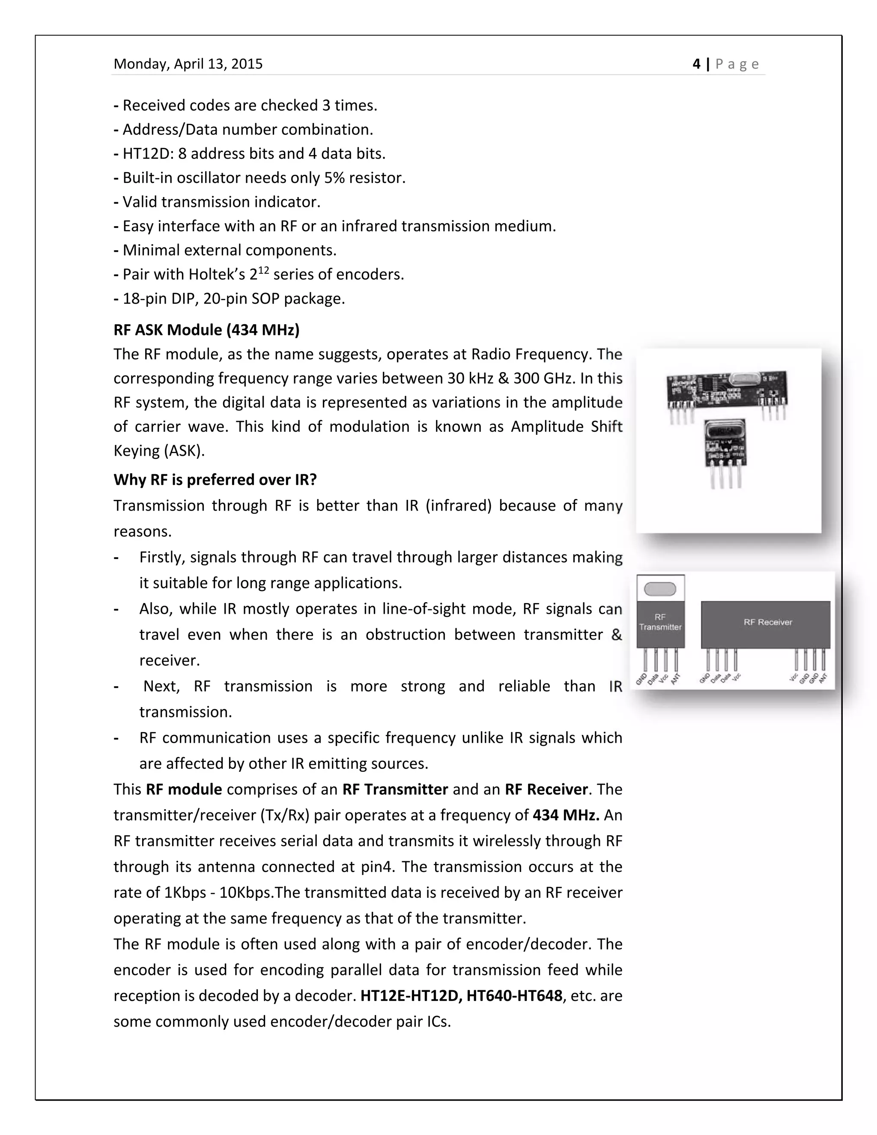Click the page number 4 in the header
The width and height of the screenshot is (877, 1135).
[696, 64]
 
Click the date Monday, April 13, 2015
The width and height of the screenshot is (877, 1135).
[188, 64]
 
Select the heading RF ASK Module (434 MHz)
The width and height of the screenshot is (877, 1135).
[206, 330]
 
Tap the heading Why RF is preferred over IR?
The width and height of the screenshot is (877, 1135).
[215, 480]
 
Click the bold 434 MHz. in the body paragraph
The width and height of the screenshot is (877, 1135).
[566, 815]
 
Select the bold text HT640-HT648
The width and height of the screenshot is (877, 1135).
[514, 996]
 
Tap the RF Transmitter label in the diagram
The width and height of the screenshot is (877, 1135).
[660, 622]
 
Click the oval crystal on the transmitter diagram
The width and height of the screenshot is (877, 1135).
[660, 589]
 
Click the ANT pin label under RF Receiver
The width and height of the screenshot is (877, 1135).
[823, 678]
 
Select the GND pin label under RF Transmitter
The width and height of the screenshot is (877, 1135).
[641, 679]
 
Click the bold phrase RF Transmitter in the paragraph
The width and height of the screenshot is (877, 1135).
[395, 789]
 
